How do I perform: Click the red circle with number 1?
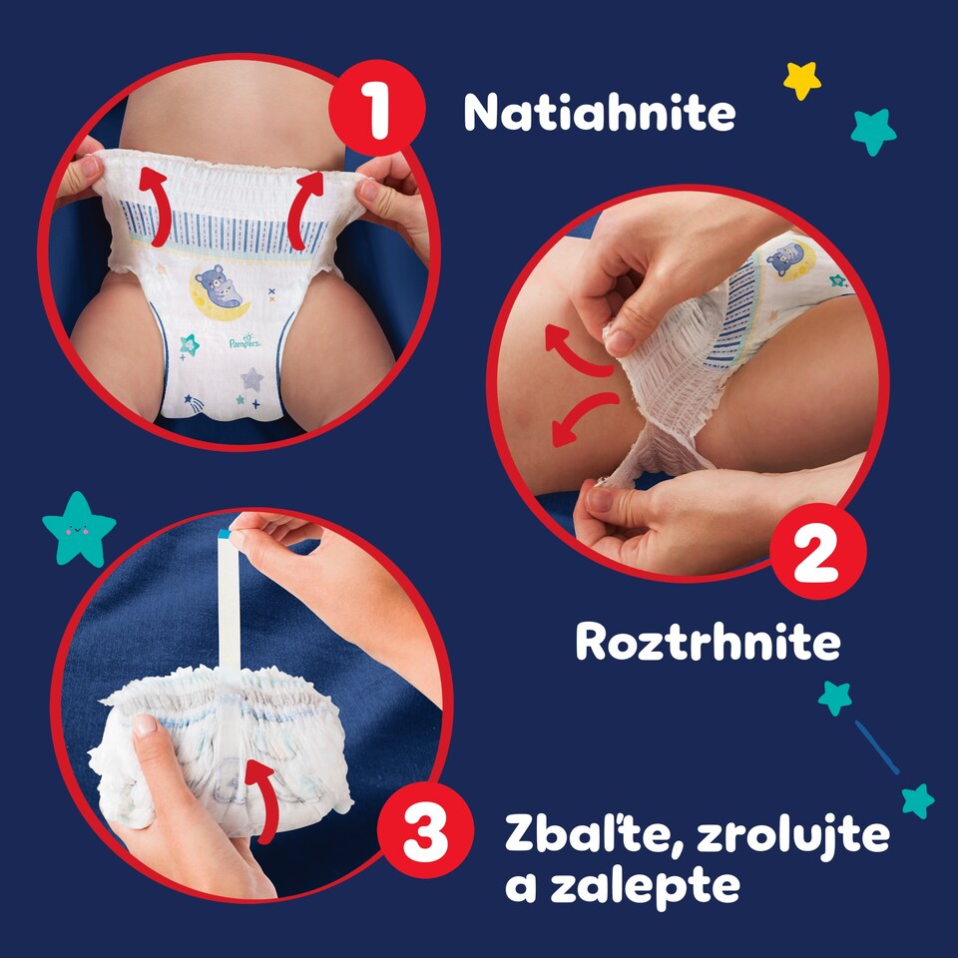pyautogui.click(x=377, y=108)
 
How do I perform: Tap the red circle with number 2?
pyautogui.click(x=817, y=551)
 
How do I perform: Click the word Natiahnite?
pyautogui.click(x=600, y=113)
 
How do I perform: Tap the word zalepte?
pyautogui.click(x=646, y=885)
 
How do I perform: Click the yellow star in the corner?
pyautogui.click(x=801, y=80)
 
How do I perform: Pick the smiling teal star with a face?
pyautogui.click(x=79, y=529)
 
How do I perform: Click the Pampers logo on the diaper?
pyautogui.click(x=245, y=342)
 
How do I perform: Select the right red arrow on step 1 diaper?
pyautogui.click(x=303, y=210)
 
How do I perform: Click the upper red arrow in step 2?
pyautogui.click(x=575, y=352)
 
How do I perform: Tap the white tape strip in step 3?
pyautogui.click(x=230, y=605)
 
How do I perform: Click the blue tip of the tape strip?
pyautogui.click(x=225, y=533)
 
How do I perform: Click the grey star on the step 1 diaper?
pyautogui.click(x=251, y=379)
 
